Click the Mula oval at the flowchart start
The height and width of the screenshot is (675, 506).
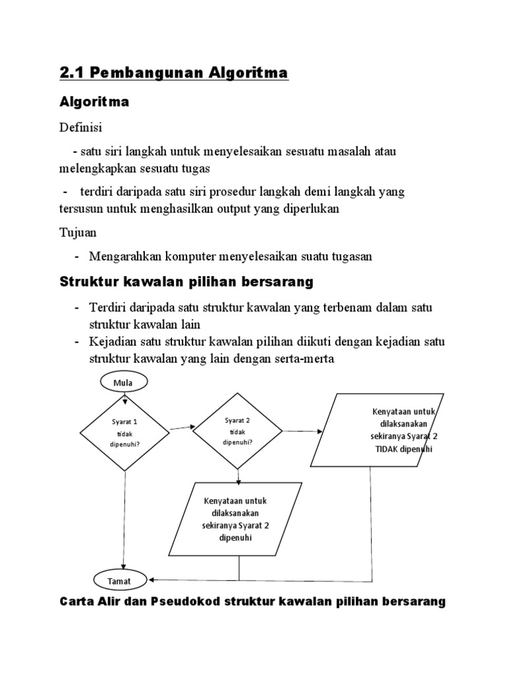(x=124, y=382)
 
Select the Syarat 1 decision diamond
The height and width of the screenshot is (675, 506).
(x=125, y=432)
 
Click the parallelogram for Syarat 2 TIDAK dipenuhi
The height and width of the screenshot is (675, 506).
(x=378, y=430)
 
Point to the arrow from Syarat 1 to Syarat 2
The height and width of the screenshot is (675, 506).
(x=181, y=428)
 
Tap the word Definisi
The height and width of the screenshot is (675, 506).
(x=81, y=126)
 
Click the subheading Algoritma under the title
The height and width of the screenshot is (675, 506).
(x=94, y=102)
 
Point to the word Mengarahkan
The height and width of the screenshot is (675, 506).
(x=123, y=256)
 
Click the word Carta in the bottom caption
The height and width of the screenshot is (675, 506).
(x=78, y=601)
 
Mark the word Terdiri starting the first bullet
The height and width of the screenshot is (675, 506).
(x=109, y=308)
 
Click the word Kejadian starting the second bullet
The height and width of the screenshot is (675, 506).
(x=113, y=342)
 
